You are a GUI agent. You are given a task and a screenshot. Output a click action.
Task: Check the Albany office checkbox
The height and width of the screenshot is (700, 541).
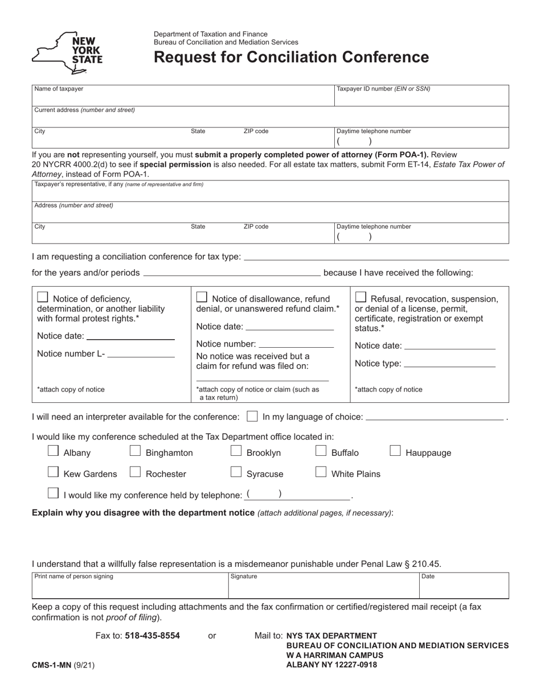(x=53, y=451)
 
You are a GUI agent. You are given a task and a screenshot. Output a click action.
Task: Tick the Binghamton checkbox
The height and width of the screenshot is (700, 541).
(x=136, y=451)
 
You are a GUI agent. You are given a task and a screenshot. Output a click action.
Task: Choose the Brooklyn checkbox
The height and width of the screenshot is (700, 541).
(x=236, y=451)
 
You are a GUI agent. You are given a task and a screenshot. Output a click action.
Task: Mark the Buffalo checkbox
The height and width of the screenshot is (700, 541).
(x=321, y=451)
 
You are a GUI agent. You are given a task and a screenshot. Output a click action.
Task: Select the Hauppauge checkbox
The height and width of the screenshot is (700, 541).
(x=395, y=451)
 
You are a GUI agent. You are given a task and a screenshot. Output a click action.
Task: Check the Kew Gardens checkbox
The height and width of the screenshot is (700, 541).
(x=53, y=472)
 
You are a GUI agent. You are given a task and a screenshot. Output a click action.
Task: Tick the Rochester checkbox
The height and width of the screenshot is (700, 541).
(x=136, y=472)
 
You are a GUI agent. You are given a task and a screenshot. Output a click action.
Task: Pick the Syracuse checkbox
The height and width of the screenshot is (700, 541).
(x=236, y=472)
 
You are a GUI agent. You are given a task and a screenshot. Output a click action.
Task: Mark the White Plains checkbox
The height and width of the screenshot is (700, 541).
(x=321, y=472)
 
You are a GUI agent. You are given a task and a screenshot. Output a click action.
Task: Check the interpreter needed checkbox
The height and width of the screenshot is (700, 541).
(x=252, y=417)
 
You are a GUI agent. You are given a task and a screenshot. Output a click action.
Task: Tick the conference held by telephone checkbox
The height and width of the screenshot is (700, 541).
(x=53, y=493)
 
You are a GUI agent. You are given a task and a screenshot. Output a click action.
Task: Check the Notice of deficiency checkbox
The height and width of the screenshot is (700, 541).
(x=42, y=297)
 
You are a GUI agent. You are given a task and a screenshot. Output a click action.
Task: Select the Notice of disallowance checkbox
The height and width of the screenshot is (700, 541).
(x=202, y=297)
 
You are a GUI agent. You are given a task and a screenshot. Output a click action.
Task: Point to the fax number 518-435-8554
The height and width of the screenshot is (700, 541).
(x=152, y=636)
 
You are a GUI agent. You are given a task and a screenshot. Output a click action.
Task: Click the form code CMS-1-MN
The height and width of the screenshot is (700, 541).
(x=52, y=664)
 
